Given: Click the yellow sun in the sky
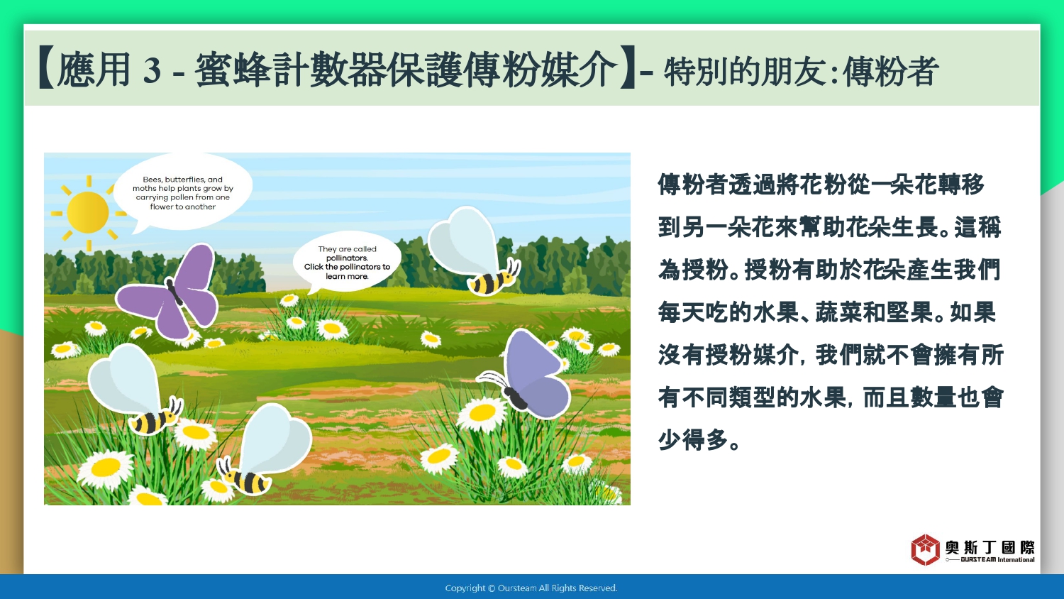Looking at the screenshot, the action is coord(88,212).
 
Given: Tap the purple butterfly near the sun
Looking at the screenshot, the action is coord(169,291).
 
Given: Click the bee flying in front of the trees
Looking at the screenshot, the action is coord(475,251).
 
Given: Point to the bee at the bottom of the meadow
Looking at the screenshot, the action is coord(264,449).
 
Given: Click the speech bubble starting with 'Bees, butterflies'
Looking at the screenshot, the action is coord(182,192).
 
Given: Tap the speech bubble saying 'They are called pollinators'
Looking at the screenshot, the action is coord(347,262).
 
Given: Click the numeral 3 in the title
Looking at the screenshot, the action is coord(152,70).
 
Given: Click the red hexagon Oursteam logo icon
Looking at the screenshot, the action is coord(925,549).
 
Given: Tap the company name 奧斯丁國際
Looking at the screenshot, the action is coord(990,547).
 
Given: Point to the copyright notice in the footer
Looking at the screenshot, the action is coord(531,588).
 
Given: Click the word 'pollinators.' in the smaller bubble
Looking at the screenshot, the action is coord(348,258).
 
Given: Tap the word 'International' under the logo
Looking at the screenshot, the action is coord(1016,559).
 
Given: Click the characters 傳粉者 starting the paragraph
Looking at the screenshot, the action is coord(694,185).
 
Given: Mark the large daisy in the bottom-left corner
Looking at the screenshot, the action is coord(106,468).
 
